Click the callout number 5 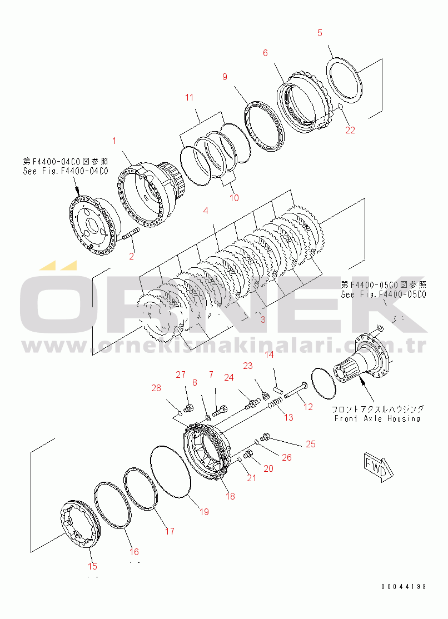pos(320,33)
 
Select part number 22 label pos(350,131)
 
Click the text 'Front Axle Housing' pos(377,418)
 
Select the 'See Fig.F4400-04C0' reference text pos(66,171)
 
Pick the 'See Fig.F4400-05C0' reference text pos(384,294)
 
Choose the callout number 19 pos(204,512)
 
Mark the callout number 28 pos(156,387)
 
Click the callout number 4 pos(206,211)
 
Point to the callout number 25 pos(310,444)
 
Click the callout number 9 pos(225,77)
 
